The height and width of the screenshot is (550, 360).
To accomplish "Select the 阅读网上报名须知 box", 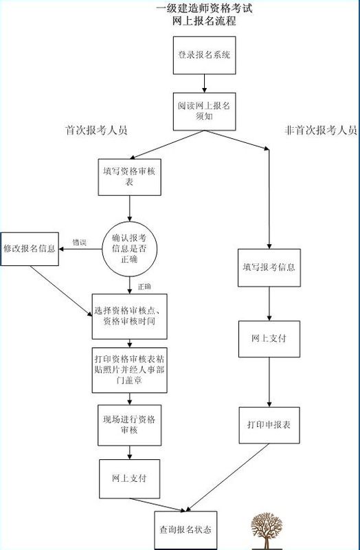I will tap(204, 113).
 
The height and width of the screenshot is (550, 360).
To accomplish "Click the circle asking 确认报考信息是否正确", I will tap(130, 246).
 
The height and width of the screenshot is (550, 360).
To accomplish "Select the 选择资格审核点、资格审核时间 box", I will tap(130, 316).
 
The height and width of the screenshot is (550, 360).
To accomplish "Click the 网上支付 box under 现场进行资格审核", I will tap(130, 478).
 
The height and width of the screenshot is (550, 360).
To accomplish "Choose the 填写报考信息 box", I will tap(269, 266).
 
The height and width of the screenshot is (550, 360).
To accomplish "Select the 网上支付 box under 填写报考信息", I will tap(269, 339).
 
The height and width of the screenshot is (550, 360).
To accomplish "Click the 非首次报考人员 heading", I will tap(320, 130).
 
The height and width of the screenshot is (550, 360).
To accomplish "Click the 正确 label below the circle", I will tap(144, 285).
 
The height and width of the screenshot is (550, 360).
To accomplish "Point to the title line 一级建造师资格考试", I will tap(205, 9).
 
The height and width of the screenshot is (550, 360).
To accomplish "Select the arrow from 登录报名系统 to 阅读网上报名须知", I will tap(204, 83).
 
